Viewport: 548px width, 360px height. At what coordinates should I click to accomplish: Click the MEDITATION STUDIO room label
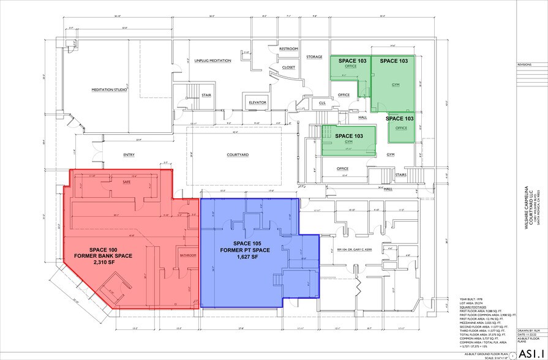110,89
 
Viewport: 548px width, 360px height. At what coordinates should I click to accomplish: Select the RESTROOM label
288,48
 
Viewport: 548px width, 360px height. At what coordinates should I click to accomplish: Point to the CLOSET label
289,67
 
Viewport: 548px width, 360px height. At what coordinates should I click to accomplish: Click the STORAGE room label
315,57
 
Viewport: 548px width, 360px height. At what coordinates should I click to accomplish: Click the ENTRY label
129,155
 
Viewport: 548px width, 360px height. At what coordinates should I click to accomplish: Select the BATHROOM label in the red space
187,254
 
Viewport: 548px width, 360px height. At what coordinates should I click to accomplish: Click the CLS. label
322,103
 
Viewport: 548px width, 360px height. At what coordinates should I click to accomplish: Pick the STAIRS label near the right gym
402,174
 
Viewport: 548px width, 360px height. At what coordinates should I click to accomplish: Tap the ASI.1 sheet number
531,353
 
